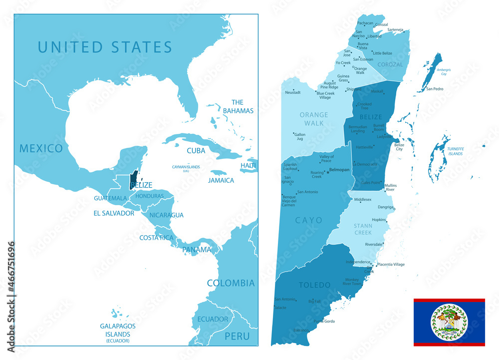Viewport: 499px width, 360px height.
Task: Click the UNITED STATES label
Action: click(105, 47)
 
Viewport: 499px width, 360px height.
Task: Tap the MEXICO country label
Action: click(41, 148)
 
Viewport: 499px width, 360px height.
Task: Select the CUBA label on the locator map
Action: click(196, 150)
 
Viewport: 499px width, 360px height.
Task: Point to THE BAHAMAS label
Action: click(238, 106)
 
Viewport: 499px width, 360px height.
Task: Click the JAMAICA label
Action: click(221, 180)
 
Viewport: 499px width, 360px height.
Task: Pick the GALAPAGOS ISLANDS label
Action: click(117, 330)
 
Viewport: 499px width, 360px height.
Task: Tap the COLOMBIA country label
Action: click(231, 283)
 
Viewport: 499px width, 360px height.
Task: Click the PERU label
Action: click(237, 336)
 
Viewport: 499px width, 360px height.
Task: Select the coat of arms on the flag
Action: click(449, 322)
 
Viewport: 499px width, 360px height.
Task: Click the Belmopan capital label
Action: click(339, 170)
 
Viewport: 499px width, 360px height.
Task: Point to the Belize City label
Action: click(399, 147)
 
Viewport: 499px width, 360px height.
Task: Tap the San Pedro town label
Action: click(435, 89)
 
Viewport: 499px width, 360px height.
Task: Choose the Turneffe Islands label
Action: click(455, 152)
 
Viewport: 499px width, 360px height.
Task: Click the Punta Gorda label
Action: click(323, 321)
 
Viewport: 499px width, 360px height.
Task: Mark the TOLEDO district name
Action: click(314, 285)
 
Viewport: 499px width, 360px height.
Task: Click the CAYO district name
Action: click(308, 220)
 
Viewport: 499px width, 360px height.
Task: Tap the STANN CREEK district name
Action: click(363, 229)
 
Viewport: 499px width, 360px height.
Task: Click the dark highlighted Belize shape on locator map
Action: click(133, 179)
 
